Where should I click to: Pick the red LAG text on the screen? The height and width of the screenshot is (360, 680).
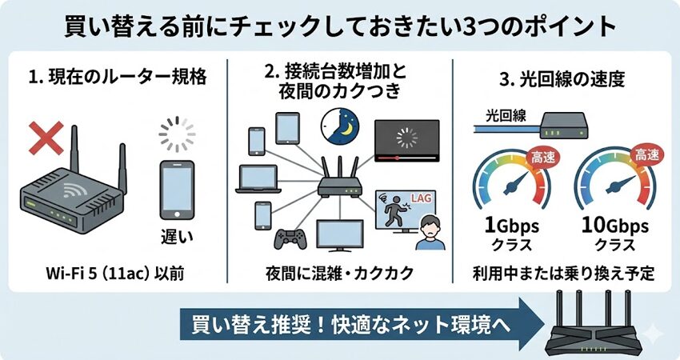pyautogui.click(x=421, y=195)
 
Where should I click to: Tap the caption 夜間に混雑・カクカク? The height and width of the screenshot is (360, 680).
pyautogui.click(x=340, y=272)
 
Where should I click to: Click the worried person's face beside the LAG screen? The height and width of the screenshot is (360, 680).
pyautogui.click(x=430, y=227)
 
